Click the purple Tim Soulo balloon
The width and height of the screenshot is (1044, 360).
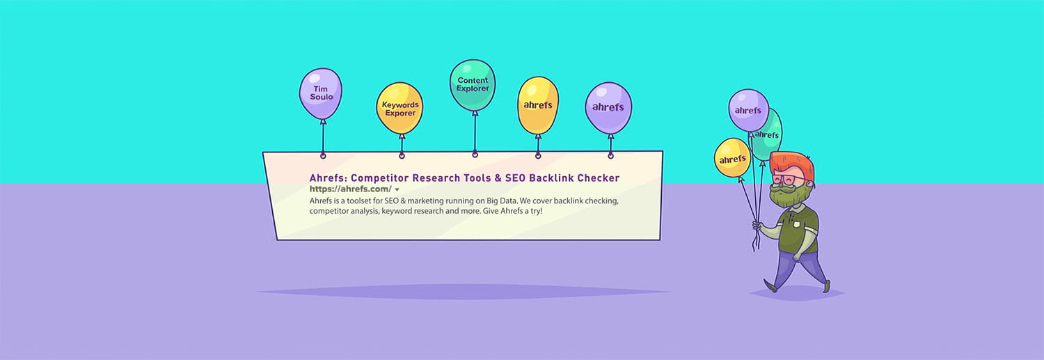[321, 93]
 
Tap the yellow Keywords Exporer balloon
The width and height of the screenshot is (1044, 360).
[400, 109]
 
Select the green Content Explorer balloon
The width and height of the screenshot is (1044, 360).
[473, 84]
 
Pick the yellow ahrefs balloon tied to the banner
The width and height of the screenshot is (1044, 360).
[537, 105]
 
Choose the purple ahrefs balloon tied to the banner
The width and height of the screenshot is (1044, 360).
[608, 107]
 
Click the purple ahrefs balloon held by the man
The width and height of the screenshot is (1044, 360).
[748, 110]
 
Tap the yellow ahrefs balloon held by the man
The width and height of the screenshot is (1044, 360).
[732, 158]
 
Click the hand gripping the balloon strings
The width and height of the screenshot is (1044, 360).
[759, 226]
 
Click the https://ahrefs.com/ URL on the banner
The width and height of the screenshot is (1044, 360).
[350, 189]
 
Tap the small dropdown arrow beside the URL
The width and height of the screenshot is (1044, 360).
[397, 189]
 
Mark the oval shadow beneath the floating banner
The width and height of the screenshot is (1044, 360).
[463, 291]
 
